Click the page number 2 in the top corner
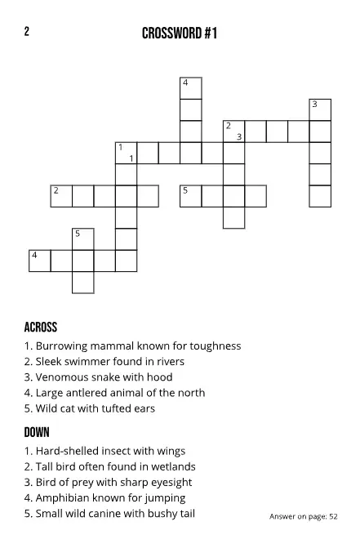pyautogui.click(x=27, y=32)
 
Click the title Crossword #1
pyautogui.click(x=180, y=33)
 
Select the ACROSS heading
pyautogui.click(x=41, y=328)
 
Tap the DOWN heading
pyautogui.click(x=37, y=432)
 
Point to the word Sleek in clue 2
pyautogui.click(x=50, y=361)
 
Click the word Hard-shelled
pyautogui.click(x=68, y=451)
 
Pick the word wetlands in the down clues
pyautogui.click(x=172, y=466)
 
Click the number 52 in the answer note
pyautogui.click(x=333, y=516)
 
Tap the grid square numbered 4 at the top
pyautogui.click(x=190, y=87)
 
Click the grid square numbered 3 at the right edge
pyautogui.click(x=320, y=109)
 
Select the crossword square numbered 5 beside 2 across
pyautogui.click(x=190, y=196)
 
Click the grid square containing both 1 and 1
pyautogui.click(x=126, y=153)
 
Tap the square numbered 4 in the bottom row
pyautogui.click(x=39, y=261)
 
